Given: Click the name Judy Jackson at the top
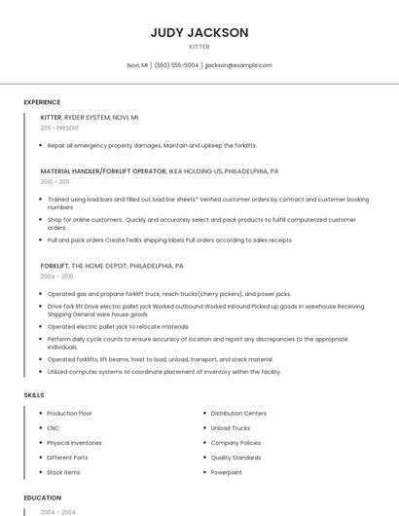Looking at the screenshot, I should (199, 32).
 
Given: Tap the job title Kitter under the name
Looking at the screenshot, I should (199, 46).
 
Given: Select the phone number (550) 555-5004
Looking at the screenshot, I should (176, 65).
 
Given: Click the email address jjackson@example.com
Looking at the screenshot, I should (238, 65).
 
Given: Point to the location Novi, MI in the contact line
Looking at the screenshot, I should (137, 65).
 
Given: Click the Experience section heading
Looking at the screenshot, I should (42, 102).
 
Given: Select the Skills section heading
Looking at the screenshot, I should (34, 395).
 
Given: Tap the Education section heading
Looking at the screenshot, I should (43, 498).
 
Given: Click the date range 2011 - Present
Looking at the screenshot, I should (59, 128).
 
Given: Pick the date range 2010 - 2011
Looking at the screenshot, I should (54, 181).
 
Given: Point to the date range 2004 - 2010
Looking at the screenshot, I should (55, 276).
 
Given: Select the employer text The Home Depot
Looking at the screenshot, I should (97, 265).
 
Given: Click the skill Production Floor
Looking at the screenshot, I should (69, 414).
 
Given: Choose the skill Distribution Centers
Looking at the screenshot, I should (238, 414).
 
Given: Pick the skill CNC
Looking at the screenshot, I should (54, 428).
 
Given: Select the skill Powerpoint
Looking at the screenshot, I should (226, 472).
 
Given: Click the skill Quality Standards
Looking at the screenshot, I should (236, 458).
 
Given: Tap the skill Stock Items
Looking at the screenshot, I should (63, 472).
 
